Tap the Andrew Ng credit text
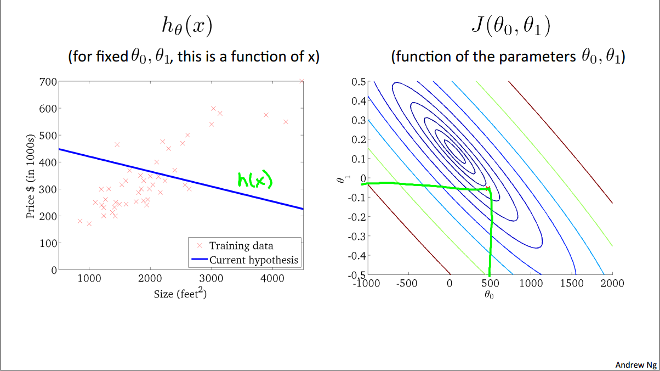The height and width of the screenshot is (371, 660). tap(635, 364)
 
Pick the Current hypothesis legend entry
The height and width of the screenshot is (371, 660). tap(254, 260)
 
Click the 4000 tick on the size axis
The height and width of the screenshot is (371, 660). tap(271, 278)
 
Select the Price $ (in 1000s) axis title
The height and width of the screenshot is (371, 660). tap(31, 176)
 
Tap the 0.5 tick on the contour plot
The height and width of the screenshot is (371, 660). tap(359, 82)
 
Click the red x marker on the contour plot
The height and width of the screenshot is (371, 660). tap(488, 189)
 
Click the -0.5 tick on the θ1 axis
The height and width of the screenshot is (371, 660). tap(357, 274)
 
